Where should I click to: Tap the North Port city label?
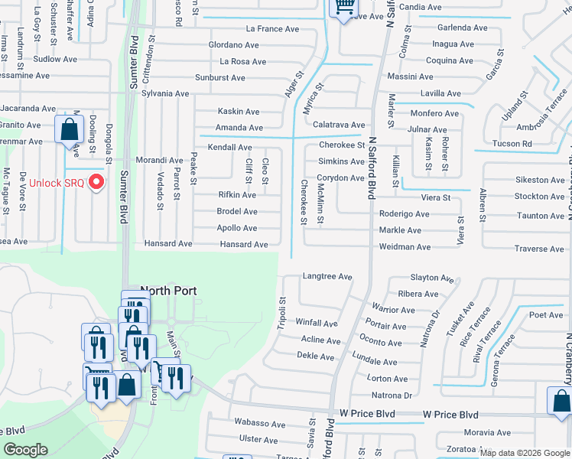click(x=168, y=291)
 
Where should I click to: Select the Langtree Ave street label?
click(x=327, y=276)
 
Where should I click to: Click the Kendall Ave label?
click(x=229, y=147)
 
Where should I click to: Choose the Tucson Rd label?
click(x=512, y=144)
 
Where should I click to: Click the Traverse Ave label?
click(x=539, y=249)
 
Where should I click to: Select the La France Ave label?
click(x=271, y=29)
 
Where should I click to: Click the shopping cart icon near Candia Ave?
click(x=344, y=8)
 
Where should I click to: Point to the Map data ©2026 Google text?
click(x=525, y=453)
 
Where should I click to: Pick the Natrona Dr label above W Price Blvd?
click(x=391, y=396)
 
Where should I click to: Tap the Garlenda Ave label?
click(x=462, y=28)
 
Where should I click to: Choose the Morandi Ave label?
click(x=159, y=161)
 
